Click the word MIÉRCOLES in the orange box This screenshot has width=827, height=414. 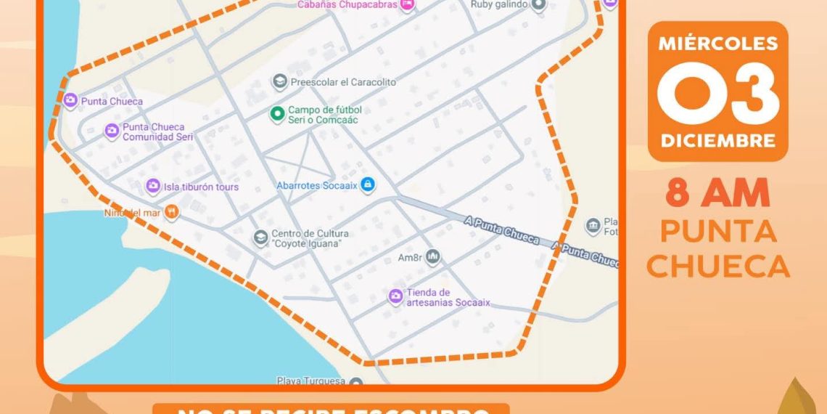[717, 44]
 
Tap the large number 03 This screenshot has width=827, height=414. [717, 93]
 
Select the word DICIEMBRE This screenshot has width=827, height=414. [717, 139]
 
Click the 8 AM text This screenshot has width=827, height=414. [717, 194]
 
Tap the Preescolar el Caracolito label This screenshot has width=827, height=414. [343, 82]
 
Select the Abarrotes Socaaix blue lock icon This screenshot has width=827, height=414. [368, 185]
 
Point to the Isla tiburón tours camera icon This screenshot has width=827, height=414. [153, 187]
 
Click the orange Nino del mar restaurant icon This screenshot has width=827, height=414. [171, 213]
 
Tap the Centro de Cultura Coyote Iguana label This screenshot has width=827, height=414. [310, 238]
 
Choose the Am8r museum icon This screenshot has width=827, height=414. [433, 256]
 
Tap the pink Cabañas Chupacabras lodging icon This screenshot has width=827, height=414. [408, 5]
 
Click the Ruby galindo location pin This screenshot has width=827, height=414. [538, 5]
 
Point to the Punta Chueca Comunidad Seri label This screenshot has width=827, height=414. [153, 131]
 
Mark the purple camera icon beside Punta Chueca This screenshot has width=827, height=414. [70, 101]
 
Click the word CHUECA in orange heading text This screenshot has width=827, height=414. [717, 266]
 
